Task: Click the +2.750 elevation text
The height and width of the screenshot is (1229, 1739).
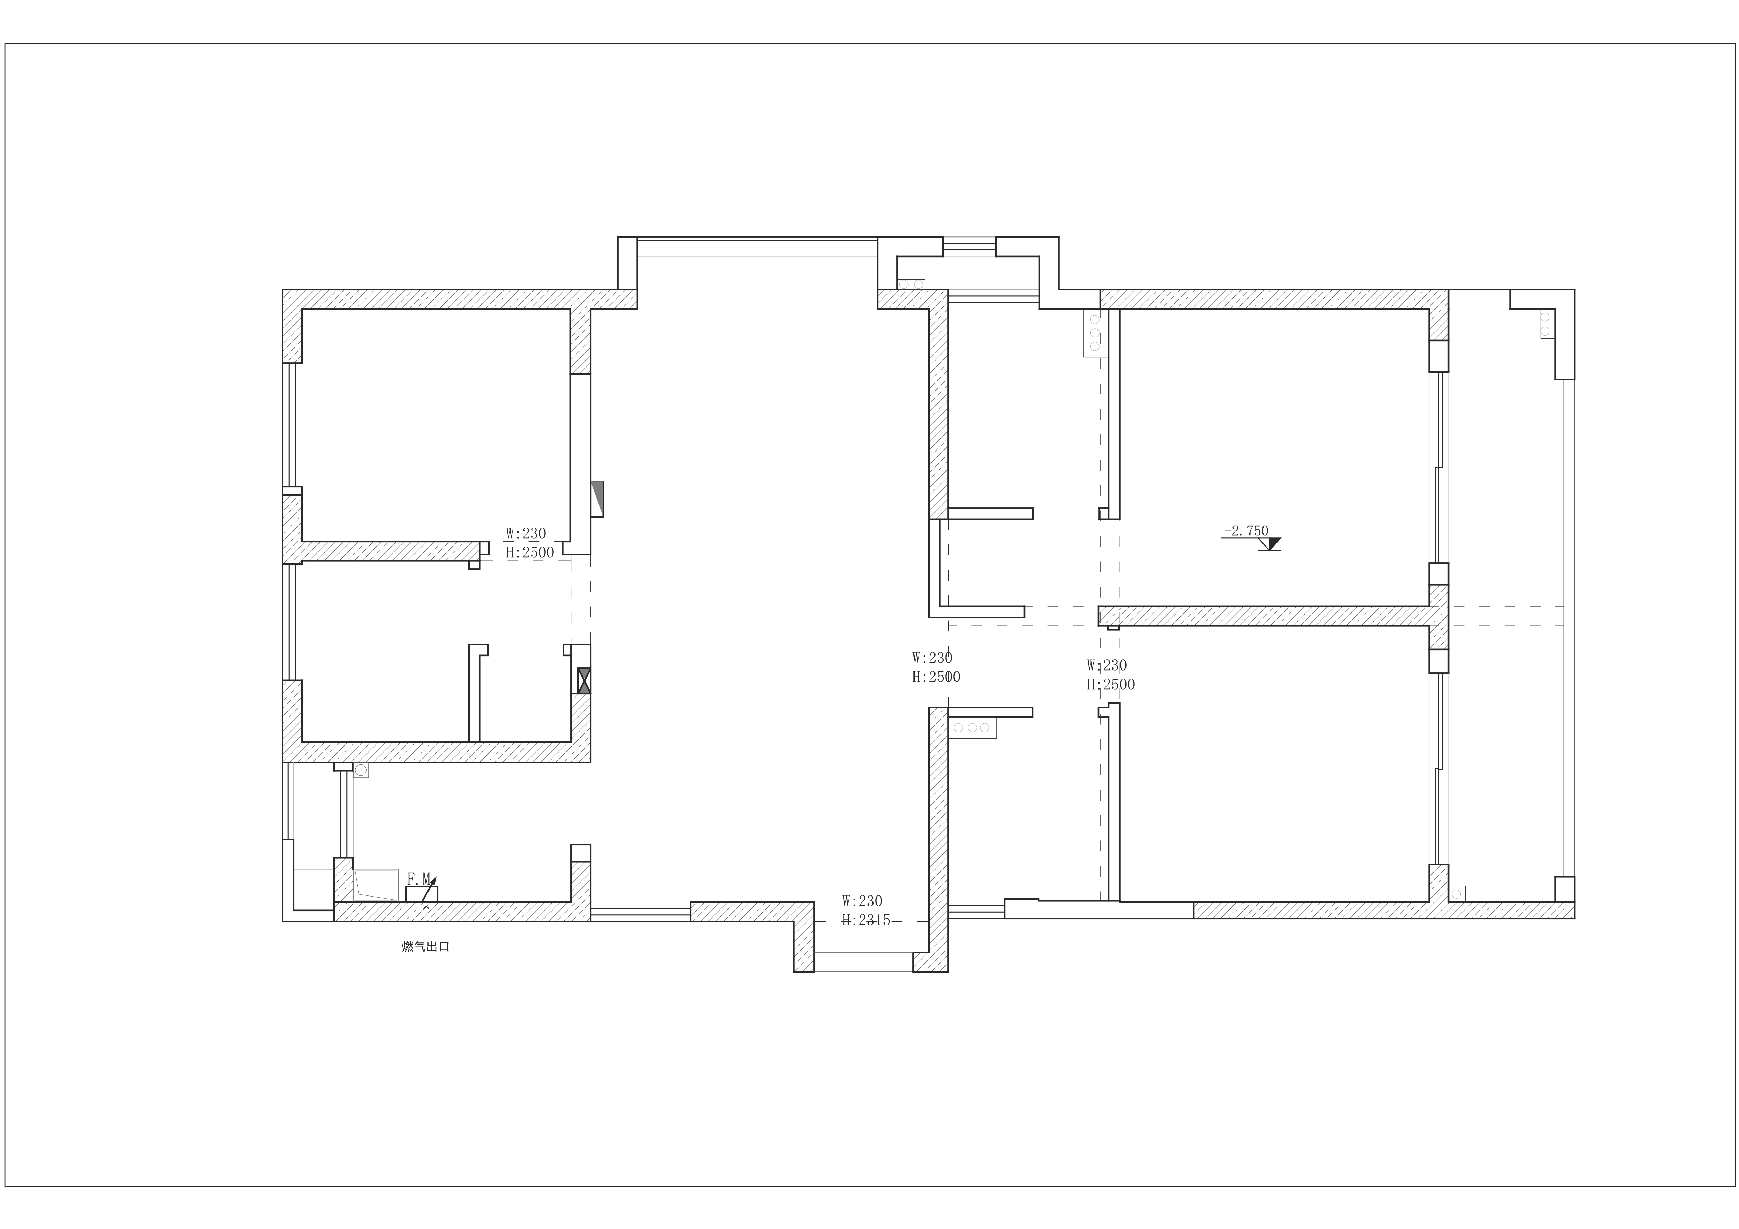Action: point(1245,531)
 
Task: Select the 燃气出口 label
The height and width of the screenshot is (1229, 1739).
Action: point(426,947)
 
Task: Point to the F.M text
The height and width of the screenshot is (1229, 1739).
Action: point(419,878)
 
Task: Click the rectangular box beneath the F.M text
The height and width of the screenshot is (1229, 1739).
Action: point(422,893)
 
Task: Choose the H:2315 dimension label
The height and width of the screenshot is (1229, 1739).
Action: point(866,920)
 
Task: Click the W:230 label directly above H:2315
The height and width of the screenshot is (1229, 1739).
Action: point(862,901)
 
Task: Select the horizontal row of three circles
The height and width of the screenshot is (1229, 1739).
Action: point(972,728)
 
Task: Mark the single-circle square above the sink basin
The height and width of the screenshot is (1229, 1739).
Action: point(361,770)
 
